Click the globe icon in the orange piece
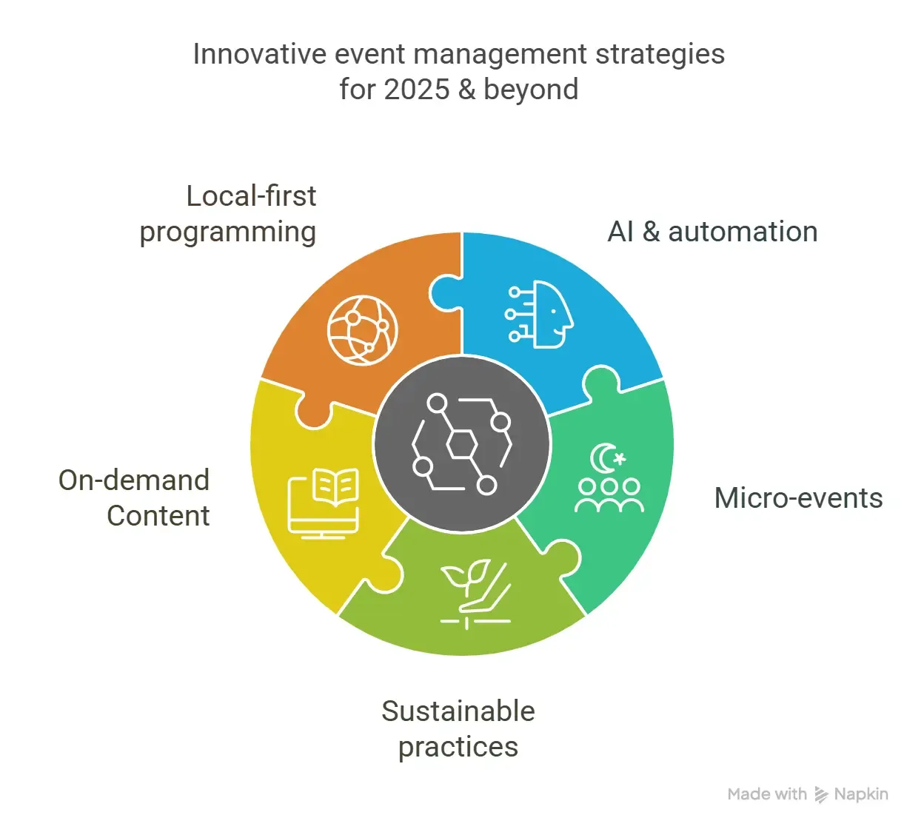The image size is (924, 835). click(363, 330)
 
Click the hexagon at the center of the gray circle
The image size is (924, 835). click(462, 444)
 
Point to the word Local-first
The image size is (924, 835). click(251, 196)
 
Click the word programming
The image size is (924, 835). click(228, 232)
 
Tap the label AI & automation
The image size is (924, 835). click(712, 232)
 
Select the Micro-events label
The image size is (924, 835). click(798, 498)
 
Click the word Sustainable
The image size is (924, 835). click(458, 711)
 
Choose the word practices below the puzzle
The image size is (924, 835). click(458, 747)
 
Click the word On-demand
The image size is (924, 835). click(134, 480)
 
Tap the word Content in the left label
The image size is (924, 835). click(158, 516)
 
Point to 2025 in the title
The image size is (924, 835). click(417, 90)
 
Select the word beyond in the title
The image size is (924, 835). click(531, 90)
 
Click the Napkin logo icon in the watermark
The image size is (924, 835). click(821, 795)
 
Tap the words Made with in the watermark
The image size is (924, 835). click(767, 794)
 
